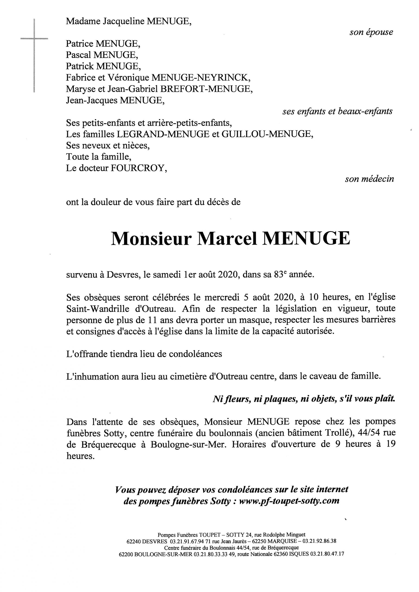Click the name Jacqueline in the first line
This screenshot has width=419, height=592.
pos(123,21)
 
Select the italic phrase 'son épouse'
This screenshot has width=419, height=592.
pos(371,32)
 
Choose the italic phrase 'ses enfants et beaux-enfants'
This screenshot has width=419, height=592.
pos(338,111)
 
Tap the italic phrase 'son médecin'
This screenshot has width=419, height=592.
pos(369,179)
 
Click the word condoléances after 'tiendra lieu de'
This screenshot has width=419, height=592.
pos(195,354)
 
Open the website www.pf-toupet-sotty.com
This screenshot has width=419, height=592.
pos(289,501)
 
